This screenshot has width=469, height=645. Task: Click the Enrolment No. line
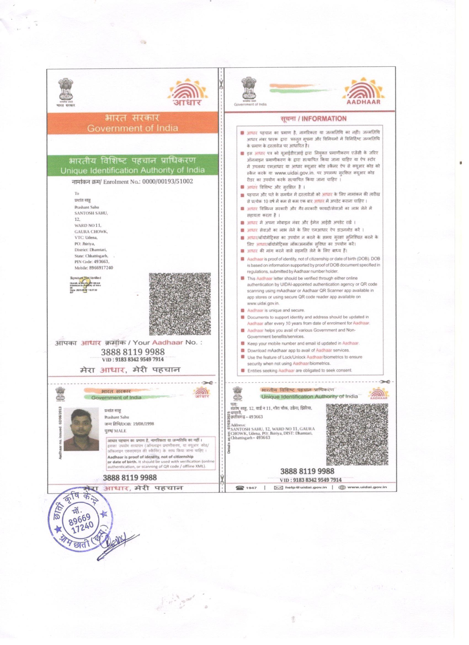[132, 182]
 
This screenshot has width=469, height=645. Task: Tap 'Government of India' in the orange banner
[132, 128]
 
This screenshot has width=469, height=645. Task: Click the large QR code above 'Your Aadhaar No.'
[180, 304]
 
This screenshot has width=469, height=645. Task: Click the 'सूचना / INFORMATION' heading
[313, 119]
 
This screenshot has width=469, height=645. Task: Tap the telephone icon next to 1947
[240, 487]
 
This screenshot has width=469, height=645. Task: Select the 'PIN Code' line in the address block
[92, 262]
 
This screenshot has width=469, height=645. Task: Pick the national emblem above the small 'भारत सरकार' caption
[66, 89]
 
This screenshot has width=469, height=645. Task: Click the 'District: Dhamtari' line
[90, 250]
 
